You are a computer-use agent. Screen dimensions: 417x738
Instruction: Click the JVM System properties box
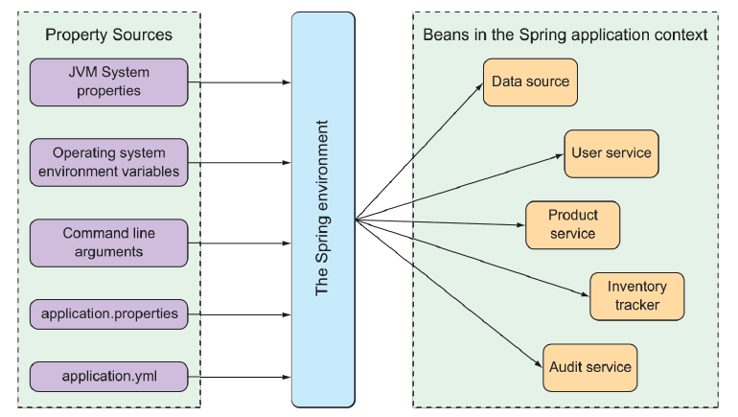(109, 82)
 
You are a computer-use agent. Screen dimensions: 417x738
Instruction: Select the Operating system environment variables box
(109, 162)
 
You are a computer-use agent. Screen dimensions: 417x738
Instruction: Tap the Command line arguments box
(109, 243)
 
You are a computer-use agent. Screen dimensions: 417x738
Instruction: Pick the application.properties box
(109, 313)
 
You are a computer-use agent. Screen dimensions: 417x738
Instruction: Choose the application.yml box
(109, 377)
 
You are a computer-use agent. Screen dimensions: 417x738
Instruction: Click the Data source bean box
(530, 81)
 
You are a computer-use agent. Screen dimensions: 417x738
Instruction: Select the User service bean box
(611, 153)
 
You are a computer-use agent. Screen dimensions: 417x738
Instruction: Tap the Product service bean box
(573, 224)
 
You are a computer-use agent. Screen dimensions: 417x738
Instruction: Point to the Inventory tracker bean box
(637, 296)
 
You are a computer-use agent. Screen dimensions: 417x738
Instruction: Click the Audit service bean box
(589, 367)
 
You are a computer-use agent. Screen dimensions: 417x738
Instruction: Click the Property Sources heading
(109, 35)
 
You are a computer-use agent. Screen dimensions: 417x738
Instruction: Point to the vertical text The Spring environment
(323, 208)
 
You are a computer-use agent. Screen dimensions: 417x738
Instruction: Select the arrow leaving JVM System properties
(240, 82)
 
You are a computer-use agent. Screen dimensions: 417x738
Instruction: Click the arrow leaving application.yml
(240, 377)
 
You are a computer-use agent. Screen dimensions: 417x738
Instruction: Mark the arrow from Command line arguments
(240, 243)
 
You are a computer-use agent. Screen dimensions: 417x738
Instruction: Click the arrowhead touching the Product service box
(520, 225)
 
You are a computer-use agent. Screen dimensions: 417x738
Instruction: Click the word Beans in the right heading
(444, 35)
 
